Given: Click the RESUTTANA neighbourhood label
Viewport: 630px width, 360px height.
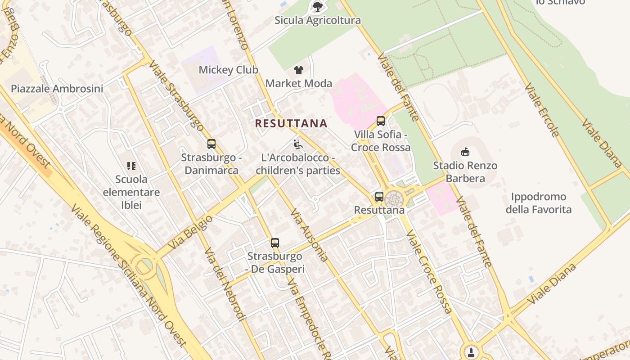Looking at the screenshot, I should pyautogui.click(x=291, y=123).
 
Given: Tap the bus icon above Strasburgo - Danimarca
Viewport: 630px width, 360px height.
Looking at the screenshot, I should pyautogui.click(x=211, y=144).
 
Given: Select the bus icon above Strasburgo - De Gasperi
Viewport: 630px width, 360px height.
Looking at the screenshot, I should pyautogui.click(x=275, y=243).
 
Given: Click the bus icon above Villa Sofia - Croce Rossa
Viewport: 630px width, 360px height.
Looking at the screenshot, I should pyautogui.click(x=381, y=121).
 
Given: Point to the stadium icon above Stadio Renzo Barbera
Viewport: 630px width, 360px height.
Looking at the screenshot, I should pyautogui.click(x=465, y=152).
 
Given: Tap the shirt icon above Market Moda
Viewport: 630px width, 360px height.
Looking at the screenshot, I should pyautogui.click(x=299, y=70).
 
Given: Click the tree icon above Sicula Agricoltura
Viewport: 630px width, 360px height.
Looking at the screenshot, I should pyautogui.click(x=318, y=6).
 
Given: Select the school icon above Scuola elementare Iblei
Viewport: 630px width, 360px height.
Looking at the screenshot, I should pyautogui.click(x=131, y=166).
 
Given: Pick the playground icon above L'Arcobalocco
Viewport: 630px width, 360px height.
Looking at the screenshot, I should pyautogui.click(x=298, y=144).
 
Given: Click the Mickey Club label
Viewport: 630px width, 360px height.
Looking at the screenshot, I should pyautogui.click(x=229, y=70).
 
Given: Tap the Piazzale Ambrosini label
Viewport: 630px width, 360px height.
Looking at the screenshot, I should pyautogui.click(x=57, y=89).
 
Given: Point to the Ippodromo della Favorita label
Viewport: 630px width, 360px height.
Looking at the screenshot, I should pyautogui.click(x=539, y=203).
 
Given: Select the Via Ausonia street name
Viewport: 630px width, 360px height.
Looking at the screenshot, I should pyautogui.click(x=309, y=235).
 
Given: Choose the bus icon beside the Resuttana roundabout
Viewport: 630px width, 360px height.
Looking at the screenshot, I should pyautogui.click(x=379, y=197).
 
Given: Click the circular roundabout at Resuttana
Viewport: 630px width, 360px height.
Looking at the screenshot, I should pyautogui.click(x=394, y=198).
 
